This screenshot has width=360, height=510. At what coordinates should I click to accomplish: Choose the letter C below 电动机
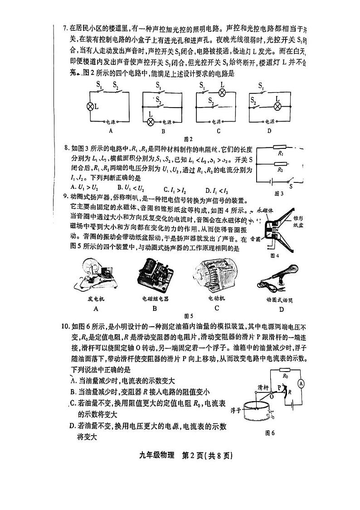(217, 308)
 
